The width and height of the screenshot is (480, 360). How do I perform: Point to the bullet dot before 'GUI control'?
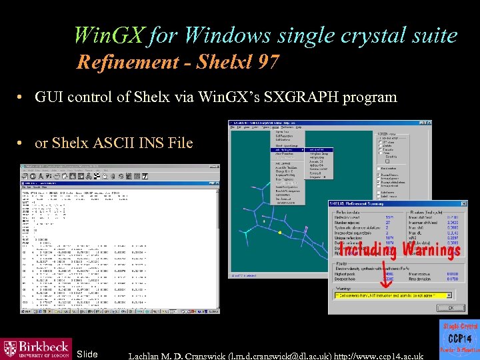click(x=22, y=98)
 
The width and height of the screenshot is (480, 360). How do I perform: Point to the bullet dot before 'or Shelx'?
click(x=22, y=143)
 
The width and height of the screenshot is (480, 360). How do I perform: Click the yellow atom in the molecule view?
click(x=280, y=233)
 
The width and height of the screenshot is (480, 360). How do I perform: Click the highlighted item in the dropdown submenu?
click(x=316, y=150)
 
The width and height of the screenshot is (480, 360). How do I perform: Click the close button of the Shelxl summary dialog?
click(x=455, y=308)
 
